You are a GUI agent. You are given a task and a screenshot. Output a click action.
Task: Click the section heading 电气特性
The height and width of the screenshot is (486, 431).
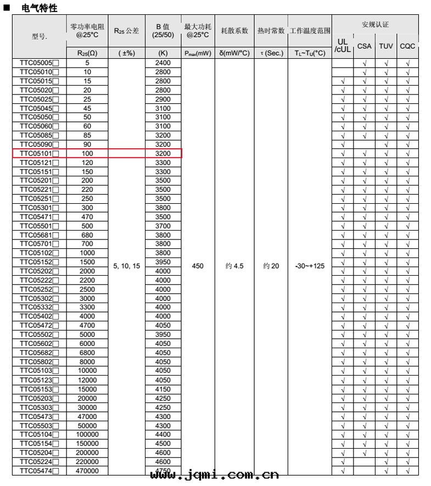click(x=39, y=8)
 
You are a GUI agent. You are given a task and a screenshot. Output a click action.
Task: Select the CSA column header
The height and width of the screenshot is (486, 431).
click(x=364, y=46)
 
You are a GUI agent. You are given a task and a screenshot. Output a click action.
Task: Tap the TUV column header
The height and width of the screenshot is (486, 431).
click(x=386, y=46)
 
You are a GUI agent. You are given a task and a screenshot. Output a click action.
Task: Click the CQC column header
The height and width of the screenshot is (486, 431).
click(x=407, y=46)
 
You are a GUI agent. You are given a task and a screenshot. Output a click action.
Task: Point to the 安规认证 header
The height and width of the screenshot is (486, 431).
click(x=375, y=25)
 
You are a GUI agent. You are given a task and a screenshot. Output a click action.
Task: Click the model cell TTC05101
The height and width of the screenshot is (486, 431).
click(x=39, y=154)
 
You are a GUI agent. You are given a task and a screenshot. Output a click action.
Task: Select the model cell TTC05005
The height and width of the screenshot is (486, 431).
click(x=39, y=63)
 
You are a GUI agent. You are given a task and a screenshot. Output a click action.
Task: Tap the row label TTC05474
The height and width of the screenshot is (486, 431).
click(x=39, y=471)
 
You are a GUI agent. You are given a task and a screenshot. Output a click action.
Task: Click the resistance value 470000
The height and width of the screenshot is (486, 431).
click(x=87, y=471)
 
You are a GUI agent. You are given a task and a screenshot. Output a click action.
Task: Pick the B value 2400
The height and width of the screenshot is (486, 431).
click(x=163, y=63)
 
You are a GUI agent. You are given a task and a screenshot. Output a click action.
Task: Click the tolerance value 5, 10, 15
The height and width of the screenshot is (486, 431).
click(x=127, y=266)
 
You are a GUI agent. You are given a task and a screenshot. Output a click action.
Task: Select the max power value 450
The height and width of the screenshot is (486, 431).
click(x=198, y=266)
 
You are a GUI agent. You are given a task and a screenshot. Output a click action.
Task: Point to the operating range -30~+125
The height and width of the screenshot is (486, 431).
click(x=310, y=266)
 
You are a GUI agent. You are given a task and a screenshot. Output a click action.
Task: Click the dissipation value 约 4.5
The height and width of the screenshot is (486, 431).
click(x=234, y=266)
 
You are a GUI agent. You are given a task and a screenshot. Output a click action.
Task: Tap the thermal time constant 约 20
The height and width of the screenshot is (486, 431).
click(x=271, y=266)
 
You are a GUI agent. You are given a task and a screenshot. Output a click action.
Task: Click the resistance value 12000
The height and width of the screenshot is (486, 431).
click(x=87, y=380)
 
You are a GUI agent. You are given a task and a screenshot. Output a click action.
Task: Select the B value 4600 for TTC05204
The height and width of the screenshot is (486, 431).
click(x=163, y=453)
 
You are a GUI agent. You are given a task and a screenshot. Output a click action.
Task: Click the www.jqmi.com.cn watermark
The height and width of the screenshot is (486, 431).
click(x=214, y=475)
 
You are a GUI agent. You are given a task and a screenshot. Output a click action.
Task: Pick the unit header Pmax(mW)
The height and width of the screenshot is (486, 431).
click(x=198, y=53)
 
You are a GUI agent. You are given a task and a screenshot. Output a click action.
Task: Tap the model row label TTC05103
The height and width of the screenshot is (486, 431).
click(x=39, y=371)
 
